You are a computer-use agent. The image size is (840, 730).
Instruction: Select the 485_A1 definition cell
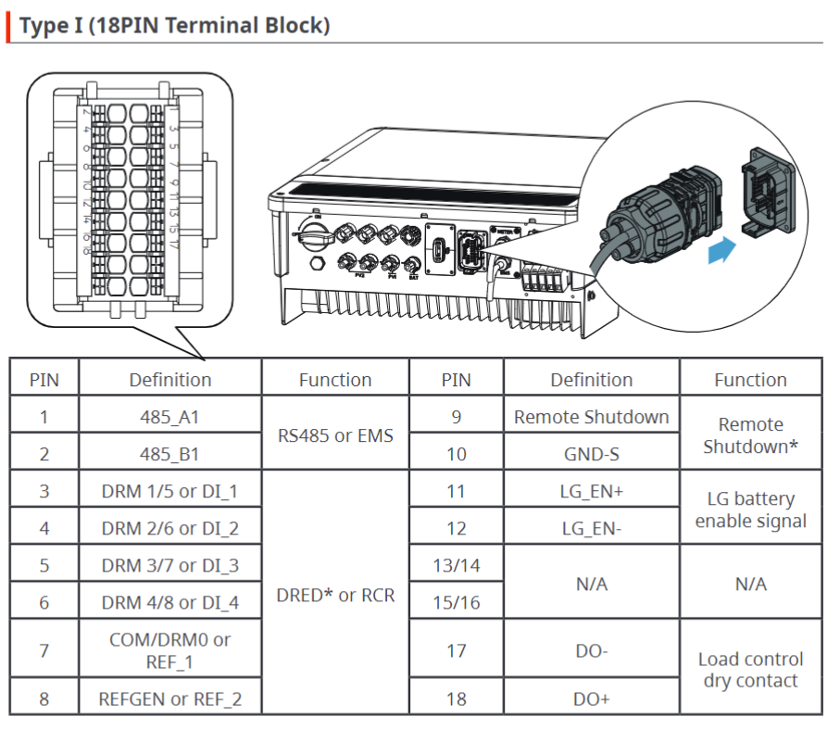coord(169,417)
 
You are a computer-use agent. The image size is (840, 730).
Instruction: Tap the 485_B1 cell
coord(169,454)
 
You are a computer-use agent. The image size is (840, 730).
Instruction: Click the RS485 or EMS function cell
coord(335,434)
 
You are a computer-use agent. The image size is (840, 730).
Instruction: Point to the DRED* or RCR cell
coord(335,595)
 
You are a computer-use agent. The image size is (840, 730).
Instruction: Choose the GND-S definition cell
coord(591,454)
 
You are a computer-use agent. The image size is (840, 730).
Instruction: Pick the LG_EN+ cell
coord(591,491)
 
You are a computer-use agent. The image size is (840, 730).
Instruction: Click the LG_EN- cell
coord(591,528)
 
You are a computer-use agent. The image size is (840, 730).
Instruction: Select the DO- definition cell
coord(591,650)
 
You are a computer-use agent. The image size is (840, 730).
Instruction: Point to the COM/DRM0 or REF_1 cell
coord(169,650)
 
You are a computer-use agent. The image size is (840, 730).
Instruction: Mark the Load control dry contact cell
coord(750,670)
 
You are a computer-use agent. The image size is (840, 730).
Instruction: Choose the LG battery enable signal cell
coord(750,510)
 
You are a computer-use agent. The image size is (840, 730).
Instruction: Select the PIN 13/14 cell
coord(456,565)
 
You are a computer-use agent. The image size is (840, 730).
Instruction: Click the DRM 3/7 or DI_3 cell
coord(169,565)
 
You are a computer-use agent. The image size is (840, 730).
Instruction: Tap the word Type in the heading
coord(43,25)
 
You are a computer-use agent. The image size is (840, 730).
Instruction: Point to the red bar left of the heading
coord(9,25)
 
